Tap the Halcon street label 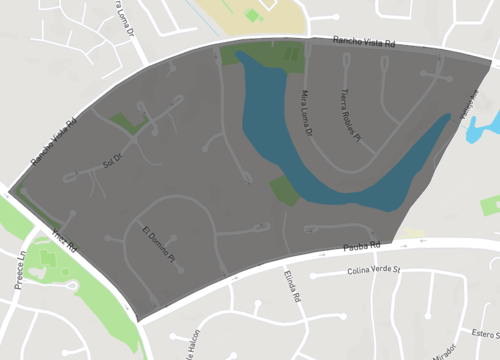pos(189,346)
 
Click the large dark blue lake pos(330,150)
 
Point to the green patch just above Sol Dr pos(129,122)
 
